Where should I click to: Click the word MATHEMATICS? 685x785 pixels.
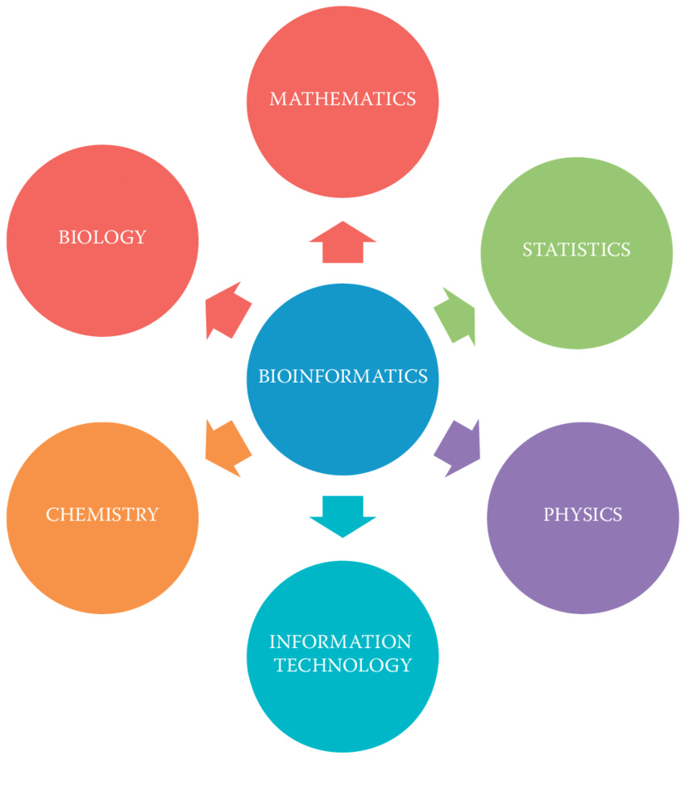(342, 99)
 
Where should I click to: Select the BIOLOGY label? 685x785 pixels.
(102, 237)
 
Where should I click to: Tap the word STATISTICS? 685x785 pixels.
(576, 250)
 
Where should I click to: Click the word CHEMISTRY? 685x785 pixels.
(102, 514)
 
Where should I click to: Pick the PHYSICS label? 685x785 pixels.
(583, 514)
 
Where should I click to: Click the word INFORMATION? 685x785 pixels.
(340, 642)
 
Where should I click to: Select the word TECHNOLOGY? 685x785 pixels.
(342, 665)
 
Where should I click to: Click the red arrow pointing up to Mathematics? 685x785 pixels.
(342, 243)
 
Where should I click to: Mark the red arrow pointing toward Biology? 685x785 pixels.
(226, 310)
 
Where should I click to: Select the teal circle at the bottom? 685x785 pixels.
(342, 709)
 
